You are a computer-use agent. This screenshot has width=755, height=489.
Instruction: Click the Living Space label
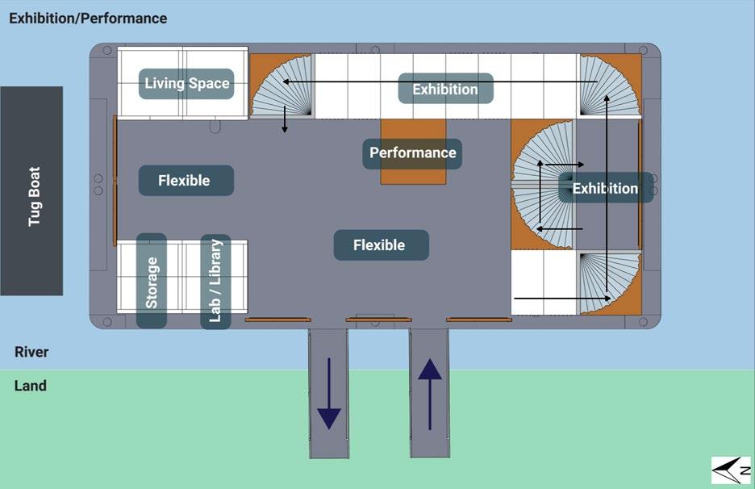tap(186, 83)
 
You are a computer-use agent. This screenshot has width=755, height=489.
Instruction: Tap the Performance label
tap(412, 153)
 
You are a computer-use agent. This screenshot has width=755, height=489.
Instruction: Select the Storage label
tap(152, 281)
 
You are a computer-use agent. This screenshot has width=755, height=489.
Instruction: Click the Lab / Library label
tap(215, 281)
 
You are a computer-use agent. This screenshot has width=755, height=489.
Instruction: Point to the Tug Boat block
tap(31, 190)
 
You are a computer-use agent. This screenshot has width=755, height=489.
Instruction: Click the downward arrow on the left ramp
tap(329, 393)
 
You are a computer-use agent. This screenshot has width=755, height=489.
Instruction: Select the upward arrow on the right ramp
tap(430, 393)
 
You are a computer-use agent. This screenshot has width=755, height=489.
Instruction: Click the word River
tap(31, 352)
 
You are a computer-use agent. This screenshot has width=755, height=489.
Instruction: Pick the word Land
tap(31, 386)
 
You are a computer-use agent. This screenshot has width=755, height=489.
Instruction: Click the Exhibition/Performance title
tap(88, 18)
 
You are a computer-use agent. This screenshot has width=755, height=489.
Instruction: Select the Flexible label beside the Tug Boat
tap(185, 181)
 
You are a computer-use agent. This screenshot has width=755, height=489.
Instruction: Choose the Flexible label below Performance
tap(380, 245)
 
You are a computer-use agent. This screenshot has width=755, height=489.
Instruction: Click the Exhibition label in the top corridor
tap(445, 89)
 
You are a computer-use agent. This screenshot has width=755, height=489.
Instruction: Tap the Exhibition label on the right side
tap(605, 189)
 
